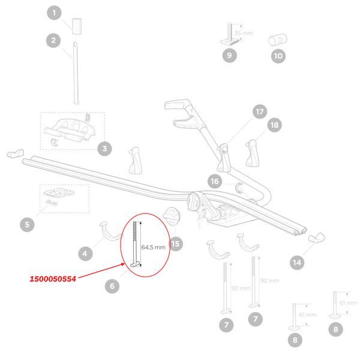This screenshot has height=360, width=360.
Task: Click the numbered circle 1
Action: coord(54,13)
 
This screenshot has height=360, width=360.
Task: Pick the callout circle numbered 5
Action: coord(27,225)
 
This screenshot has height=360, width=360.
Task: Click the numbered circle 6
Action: coord(112,286)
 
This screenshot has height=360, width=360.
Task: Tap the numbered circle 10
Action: coord(278,56)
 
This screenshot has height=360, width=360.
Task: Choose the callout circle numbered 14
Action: coord(296,262)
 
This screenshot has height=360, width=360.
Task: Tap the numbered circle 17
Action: coord(259,112)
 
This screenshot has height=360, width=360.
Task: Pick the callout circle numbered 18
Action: coord(275,125)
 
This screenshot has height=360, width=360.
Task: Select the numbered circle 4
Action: coord(85,254)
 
